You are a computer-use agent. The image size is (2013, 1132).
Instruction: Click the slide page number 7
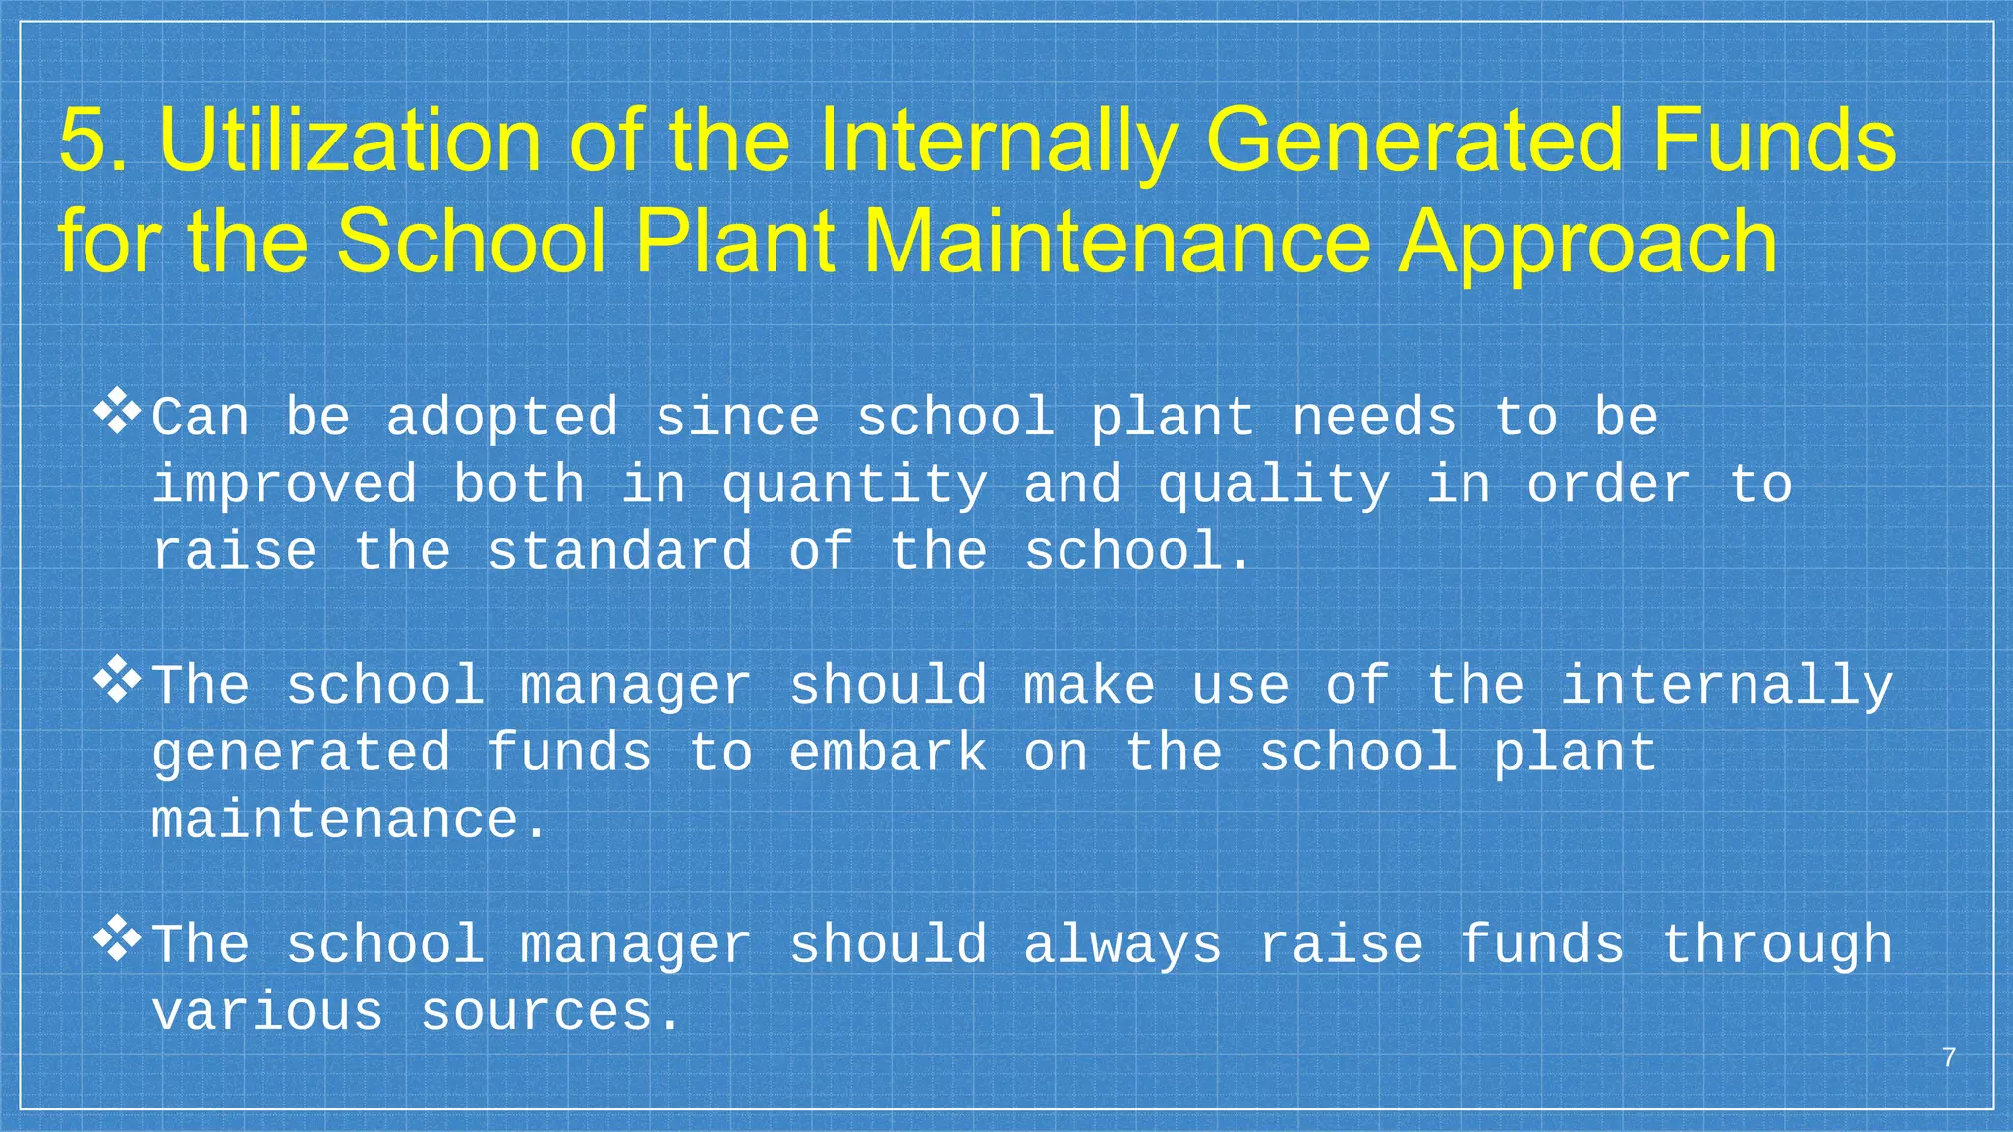pos(1949,1058)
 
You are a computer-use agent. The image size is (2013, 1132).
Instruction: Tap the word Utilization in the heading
pos(350,141)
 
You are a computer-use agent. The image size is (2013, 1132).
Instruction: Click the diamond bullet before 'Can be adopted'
pos(117,412)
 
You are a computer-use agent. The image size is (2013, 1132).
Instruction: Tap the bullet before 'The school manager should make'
pos(117,680)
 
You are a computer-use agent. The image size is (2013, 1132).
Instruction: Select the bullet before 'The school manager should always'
pos(117,939)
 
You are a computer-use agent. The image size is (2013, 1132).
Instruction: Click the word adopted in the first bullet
pos(501,419)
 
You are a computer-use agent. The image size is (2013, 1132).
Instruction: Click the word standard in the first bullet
pos(620,552)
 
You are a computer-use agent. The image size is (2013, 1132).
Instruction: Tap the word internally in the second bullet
pos(1727,687)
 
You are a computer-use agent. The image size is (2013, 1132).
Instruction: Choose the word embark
pos(888,754)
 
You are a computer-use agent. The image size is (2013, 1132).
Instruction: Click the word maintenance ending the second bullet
pos(334,821)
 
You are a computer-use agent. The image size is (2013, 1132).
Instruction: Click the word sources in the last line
pos(537,1013)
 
